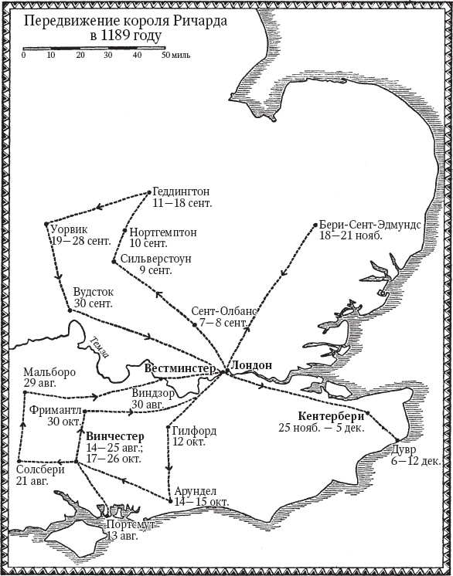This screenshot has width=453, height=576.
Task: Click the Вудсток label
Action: coord(93,293)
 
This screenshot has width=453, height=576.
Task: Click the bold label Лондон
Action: coord(252,365)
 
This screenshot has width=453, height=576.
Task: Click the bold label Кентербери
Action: coord(331,415)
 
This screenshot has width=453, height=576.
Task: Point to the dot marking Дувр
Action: coord(396,440)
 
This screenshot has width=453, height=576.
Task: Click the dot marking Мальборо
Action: coord(26,392)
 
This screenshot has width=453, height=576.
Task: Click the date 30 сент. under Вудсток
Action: coord(93,304)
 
